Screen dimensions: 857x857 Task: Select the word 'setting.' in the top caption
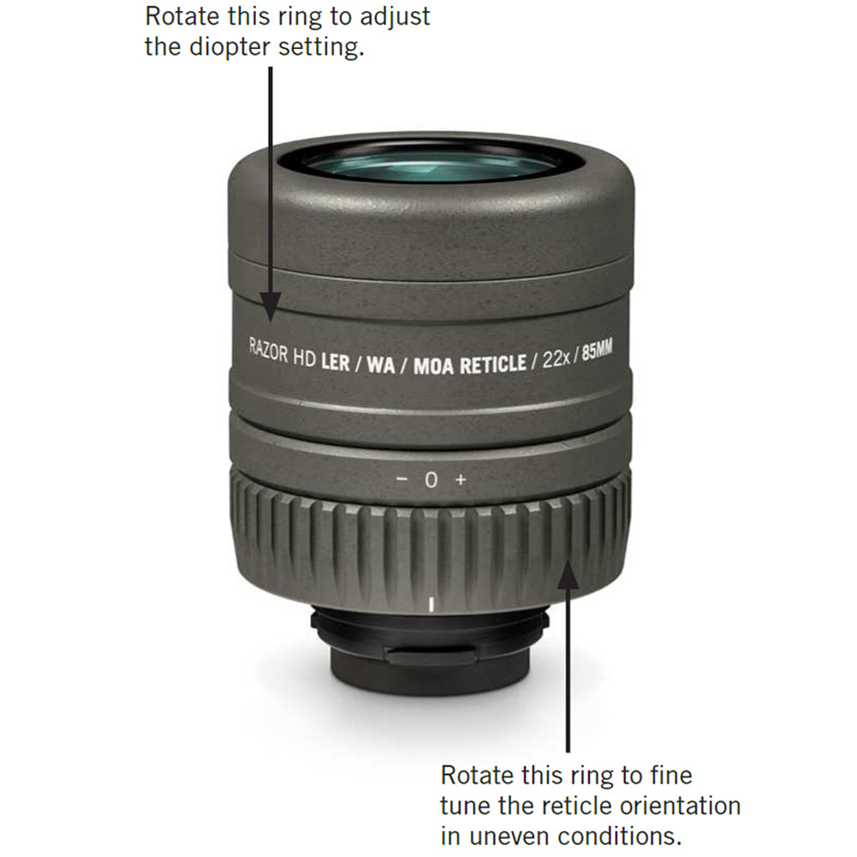(x=321, y=47)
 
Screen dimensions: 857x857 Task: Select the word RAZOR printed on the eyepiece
(x=268, y=351)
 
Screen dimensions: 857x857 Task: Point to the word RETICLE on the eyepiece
(x=493, y=365)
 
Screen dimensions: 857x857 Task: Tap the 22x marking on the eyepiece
(x=556, y=360)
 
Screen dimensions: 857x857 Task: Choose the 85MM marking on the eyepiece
(x=597, y=350)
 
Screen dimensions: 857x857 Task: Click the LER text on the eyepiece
(x=335, y=362)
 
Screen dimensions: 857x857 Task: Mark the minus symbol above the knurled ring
(x=402, y=479)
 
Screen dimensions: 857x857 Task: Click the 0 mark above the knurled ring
(x=431, y=480)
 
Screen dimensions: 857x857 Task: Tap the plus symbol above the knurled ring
(x=461, y=479)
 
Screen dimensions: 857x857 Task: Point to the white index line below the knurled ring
(x=431, y=604)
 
